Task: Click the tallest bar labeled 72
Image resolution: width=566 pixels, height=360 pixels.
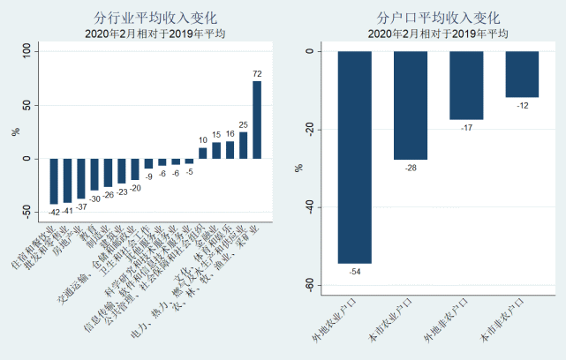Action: click(x=257, y=119)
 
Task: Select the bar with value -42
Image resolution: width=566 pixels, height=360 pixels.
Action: click(x=54, y=181)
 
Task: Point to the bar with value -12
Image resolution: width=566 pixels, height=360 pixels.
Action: click(x=522, y=74)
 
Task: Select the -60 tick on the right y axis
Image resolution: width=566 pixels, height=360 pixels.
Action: click(x=309, y=284)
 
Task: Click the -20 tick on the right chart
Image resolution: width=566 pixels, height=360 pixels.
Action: click(x=309, y=129)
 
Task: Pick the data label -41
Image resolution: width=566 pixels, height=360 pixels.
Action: click(x=67, y=211)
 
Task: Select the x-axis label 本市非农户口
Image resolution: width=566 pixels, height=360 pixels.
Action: click(x=502, y=319)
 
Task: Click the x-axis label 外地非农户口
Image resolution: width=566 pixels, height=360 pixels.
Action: click(x=447, y=319)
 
